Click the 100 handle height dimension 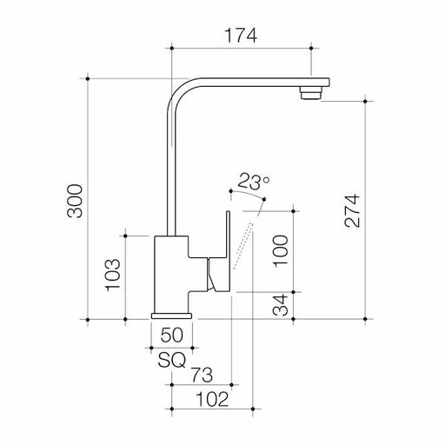click(281, 249)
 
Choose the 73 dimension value click(201, 375)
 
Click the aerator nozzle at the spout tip click(309, 92)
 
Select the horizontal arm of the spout click(252, 83)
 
